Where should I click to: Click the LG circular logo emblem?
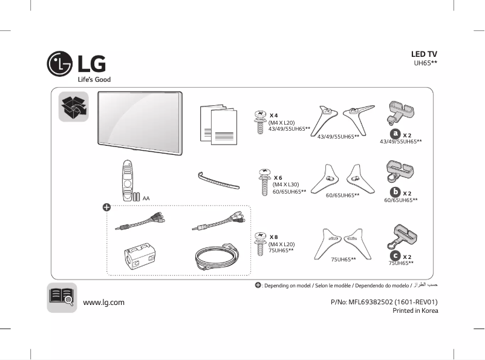60,64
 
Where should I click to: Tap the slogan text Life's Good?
94,79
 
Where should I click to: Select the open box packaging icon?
73,107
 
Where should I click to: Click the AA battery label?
146,198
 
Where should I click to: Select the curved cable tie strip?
218,180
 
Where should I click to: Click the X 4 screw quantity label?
274,115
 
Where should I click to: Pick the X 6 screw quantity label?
278,177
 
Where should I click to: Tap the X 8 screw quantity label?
274,237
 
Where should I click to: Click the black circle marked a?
395,133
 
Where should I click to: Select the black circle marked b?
394,192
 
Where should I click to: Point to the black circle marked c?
395,257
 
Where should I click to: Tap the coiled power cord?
218,257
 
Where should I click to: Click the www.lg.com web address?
103,302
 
